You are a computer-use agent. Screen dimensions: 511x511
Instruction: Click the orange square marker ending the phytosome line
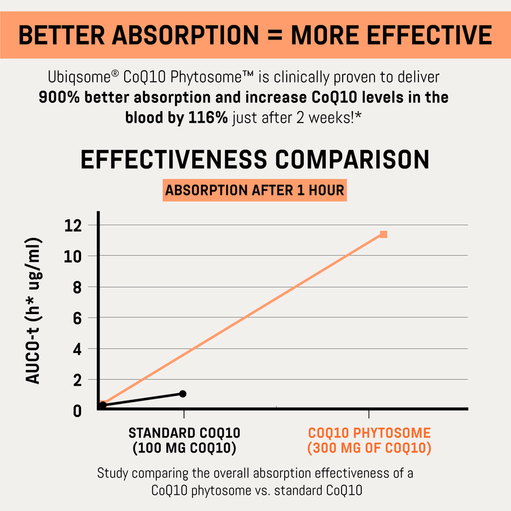point(384,234)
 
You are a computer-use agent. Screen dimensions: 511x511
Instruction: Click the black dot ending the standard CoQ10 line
point(183,394)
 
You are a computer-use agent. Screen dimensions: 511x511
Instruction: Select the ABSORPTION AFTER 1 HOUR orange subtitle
point(255,190)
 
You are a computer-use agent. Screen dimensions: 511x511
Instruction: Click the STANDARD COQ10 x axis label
point(184,433)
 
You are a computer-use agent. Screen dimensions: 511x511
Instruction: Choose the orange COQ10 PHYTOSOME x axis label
point(369,433)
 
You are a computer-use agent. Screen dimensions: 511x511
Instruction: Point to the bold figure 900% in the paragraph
point(61,97)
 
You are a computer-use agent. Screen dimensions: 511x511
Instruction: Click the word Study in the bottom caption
point(112,472)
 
